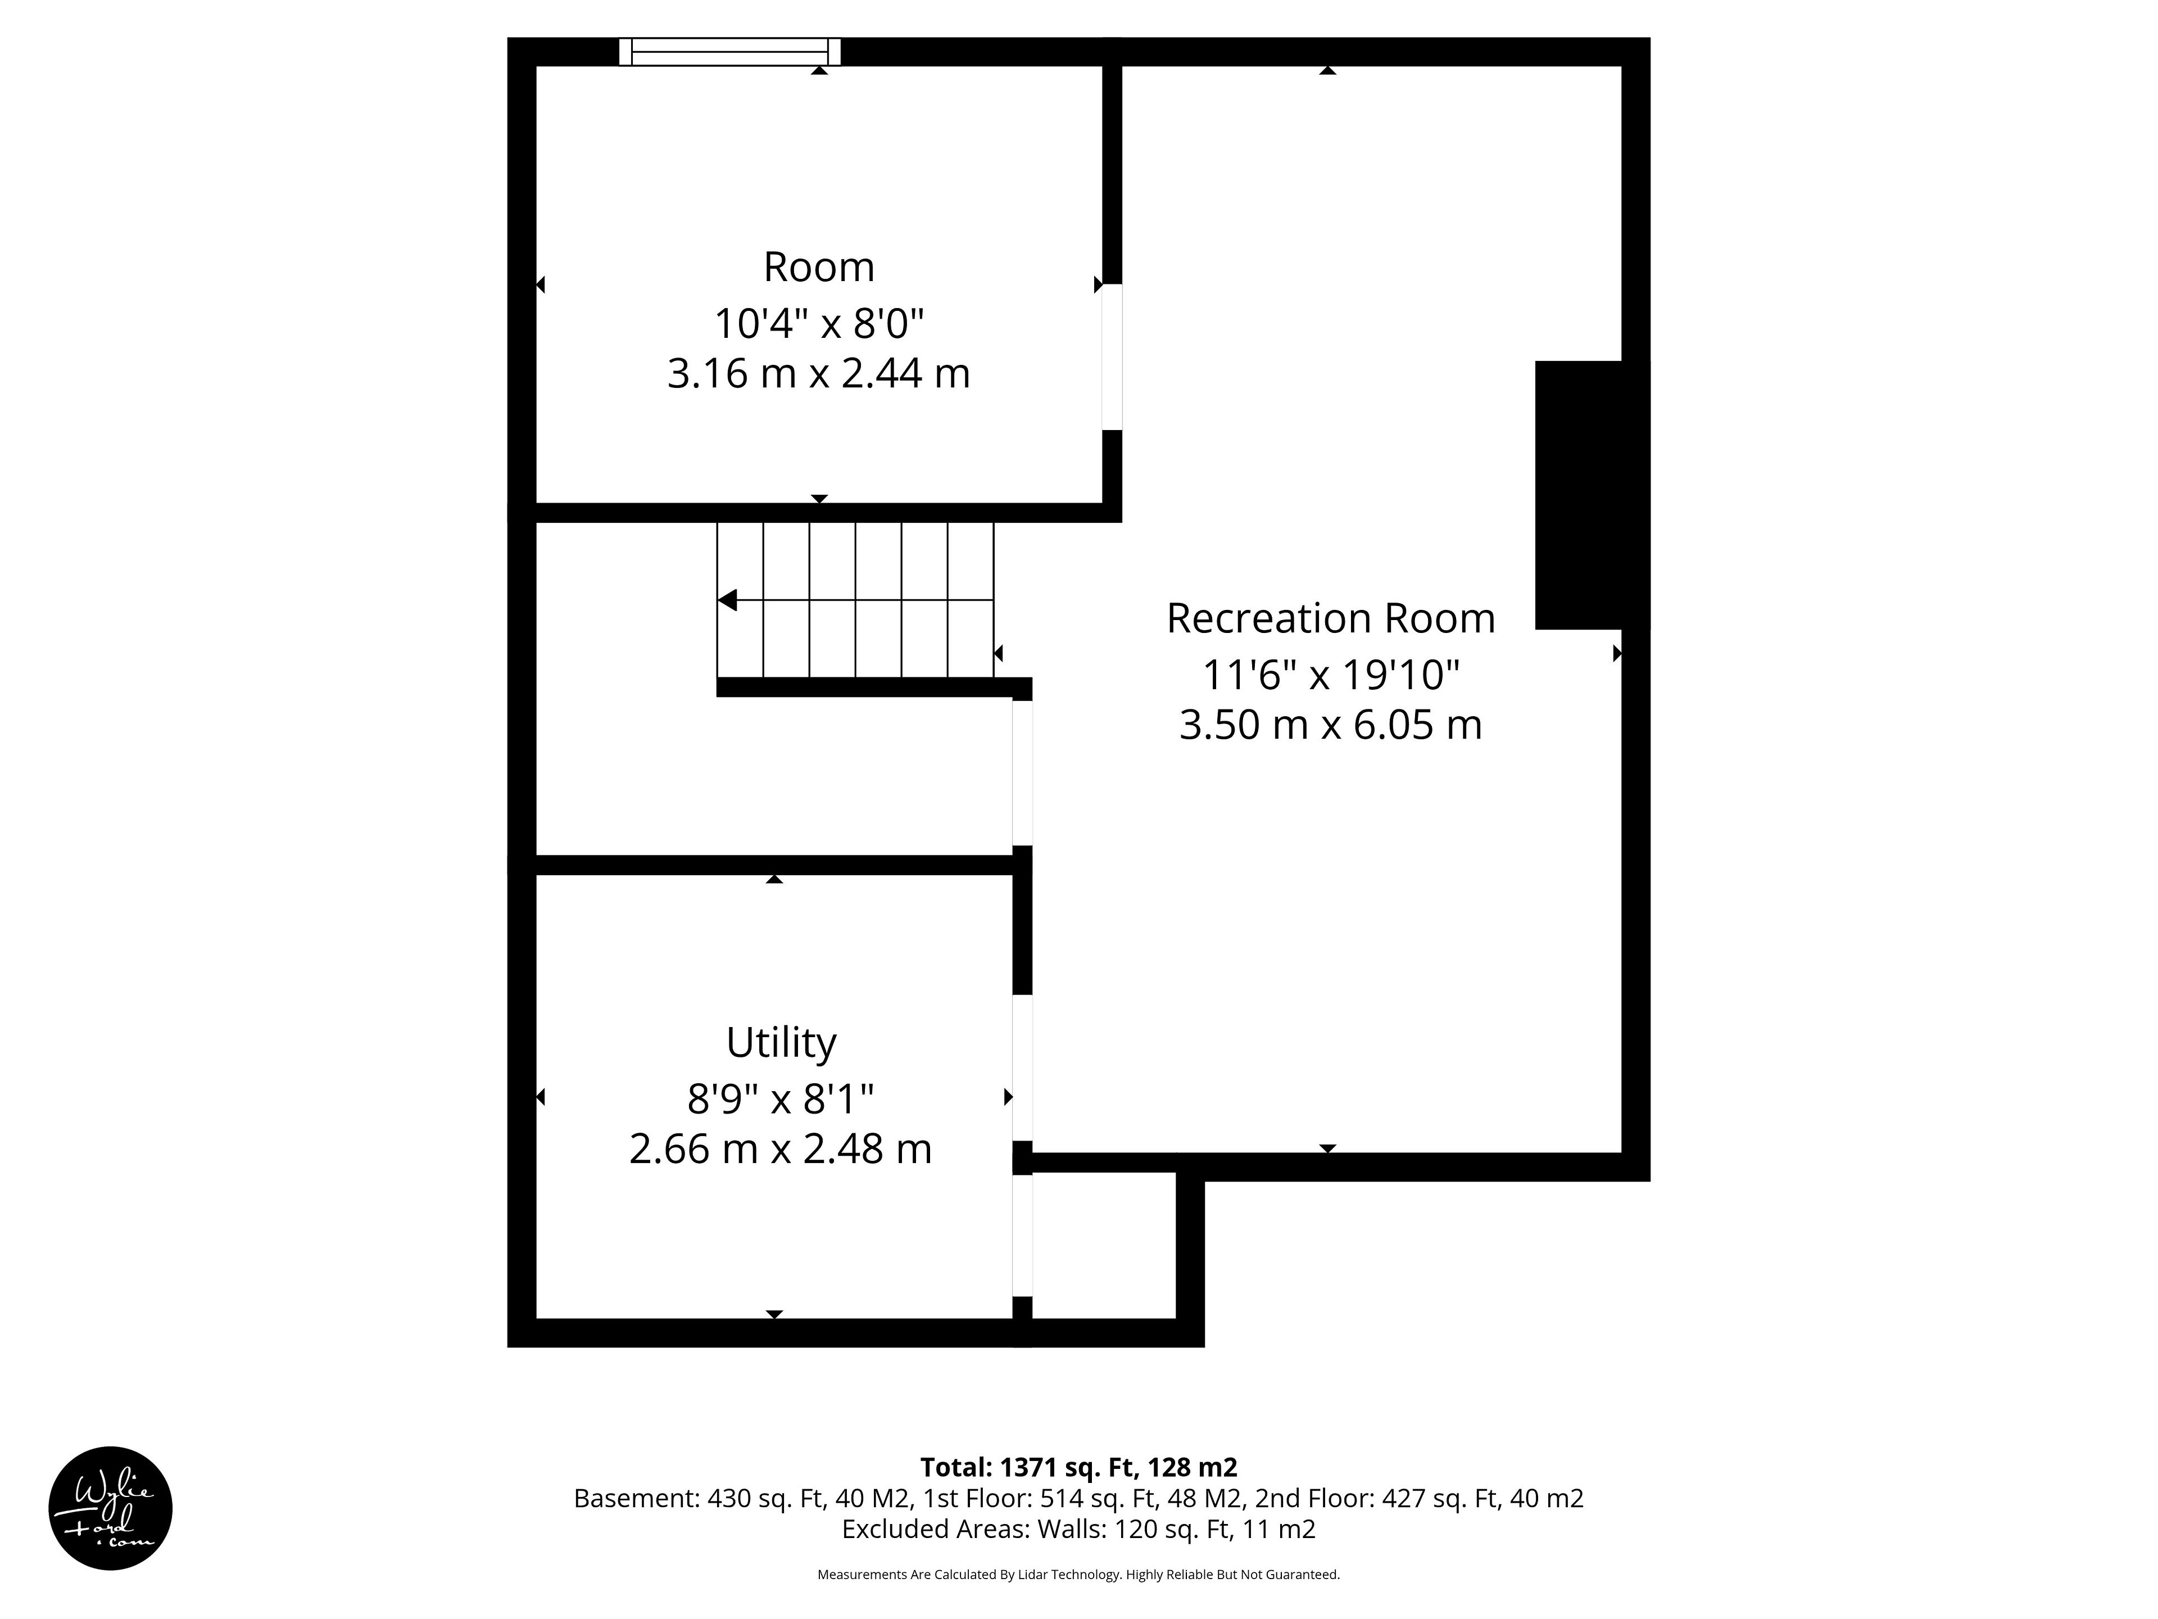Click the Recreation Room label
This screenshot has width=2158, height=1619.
click(x=1331, y=619)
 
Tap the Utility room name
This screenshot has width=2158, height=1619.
click(x=781, y=1043)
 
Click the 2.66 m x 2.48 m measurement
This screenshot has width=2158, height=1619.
click(x=781, y=1148)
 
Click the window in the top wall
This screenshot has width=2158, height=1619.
click(x=730, y=52)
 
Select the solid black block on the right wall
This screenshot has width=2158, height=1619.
click(x=1579, y=495)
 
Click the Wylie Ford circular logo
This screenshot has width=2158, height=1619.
click(x=110, y=1508)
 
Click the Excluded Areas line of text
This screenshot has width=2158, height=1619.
click(x=1079, y=1528)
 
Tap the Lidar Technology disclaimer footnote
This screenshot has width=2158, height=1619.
click(x=1079, y=1574)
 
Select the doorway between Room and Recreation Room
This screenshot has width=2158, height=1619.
click(x=1112, y=357)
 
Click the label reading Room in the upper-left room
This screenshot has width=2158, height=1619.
click(x=818, y=268)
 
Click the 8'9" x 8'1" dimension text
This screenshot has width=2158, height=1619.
click(x=781, y=1099)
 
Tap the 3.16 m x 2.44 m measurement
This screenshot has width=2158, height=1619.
click(x=818, y=374)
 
